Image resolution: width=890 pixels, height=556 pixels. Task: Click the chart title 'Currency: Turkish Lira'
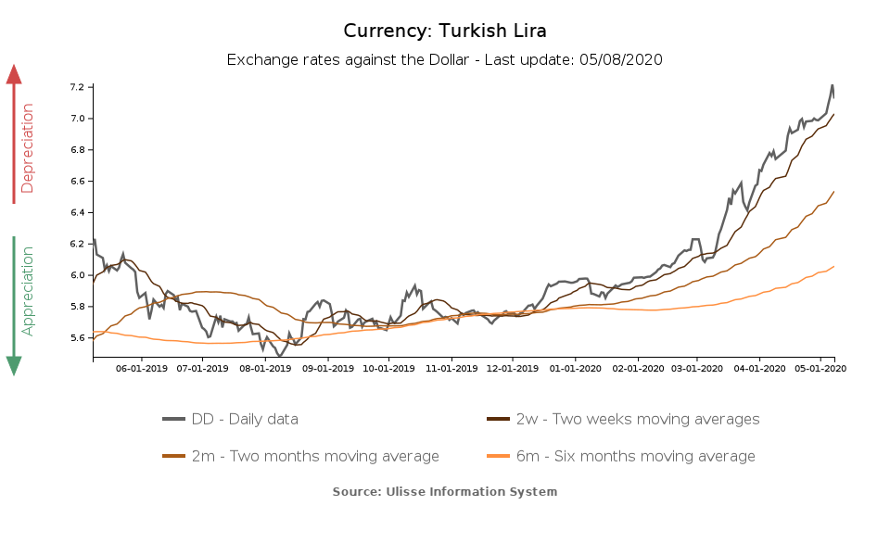point(445,31)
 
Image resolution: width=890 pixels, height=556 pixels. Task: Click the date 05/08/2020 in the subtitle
point(621,59)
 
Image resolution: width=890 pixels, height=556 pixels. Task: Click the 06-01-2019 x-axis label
point(142,369)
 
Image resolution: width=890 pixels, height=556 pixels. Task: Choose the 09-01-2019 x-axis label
point(328,369)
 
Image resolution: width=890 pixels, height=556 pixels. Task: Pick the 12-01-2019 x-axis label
point(513,369)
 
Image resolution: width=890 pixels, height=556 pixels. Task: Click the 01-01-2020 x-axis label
point(575,369)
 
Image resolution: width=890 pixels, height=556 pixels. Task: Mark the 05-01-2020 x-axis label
point(820,369)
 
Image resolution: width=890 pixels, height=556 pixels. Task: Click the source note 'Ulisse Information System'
point(445,491)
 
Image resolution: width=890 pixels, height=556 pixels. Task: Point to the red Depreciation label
point(27,148)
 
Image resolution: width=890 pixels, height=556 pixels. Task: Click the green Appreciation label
point(27,290)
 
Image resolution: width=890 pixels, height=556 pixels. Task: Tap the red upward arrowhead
point(14,74)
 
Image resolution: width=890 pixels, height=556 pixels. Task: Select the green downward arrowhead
point(14,365)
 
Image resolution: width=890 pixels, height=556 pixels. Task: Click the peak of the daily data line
point(832,85)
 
